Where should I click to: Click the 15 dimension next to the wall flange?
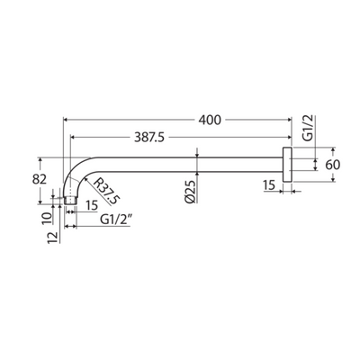[269, 185]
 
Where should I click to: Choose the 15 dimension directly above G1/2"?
[91, 205]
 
